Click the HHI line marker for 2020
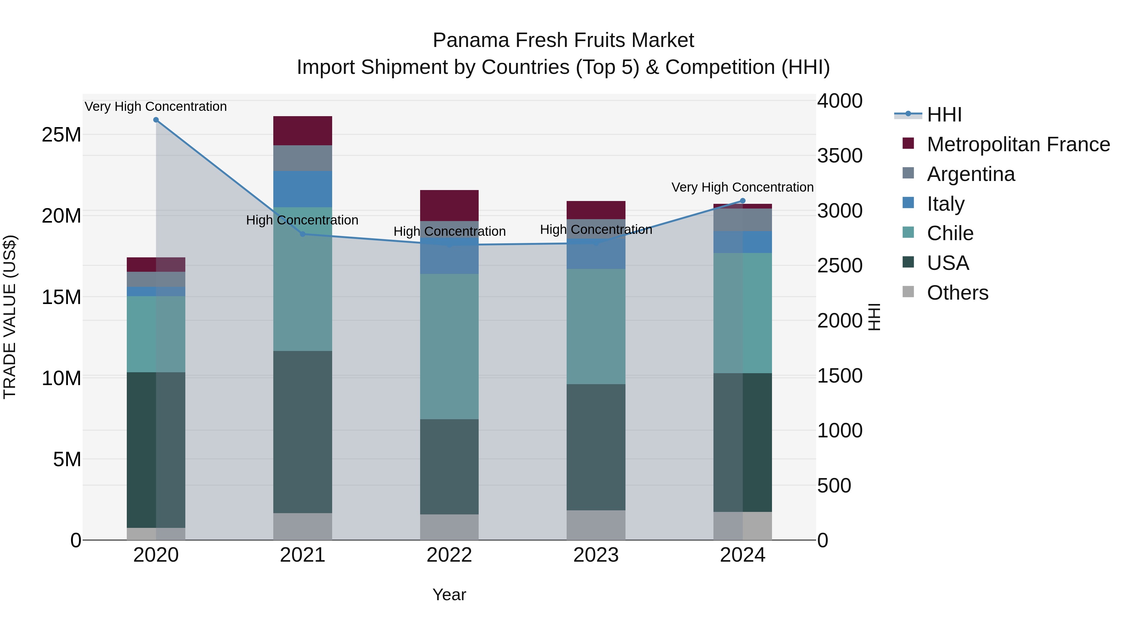(x=156, y=120)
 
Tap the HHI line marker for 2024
(x=743, y=201)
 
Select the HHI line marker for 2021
(x=303, y=234)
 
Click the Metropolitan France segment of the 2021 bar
(x=303, y=130)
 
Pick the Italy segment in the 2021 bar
(x=303, y=189)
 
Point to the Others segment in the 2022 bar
(x=449, y=527)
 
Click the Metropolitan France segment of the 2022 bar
(x=449, y=205)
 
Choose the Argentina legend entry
(x=970, y=174)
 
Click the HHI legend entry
(x=944, y=115)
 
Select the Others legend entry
(x=957, y=293)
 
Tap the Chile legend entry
(x=950, y=233)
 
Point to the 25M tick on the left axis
(x=61, y=135)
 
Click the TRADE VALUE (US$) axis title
(x=10, y=317)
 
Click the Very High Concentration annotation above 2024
(x=743, y=187)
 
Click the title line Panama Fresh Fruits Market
(x=563, y=40)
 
